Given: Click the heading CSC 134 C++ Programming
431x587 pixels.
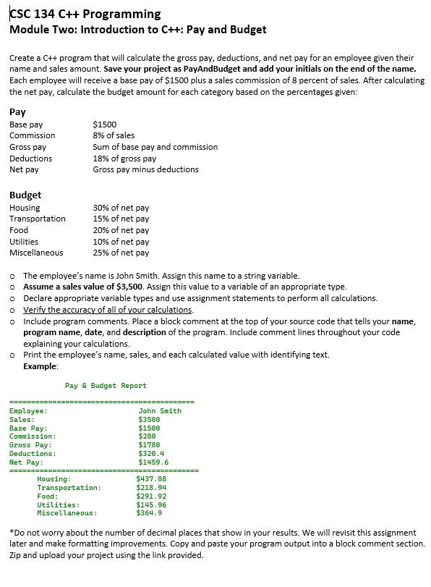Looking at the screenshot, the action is click(x=85, y=14).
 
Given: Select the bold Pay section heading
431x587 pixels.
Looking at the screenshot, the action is click(x=17, y=112).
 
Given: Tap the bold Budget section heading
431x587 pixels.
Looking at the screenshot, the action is click(x=25, y=195).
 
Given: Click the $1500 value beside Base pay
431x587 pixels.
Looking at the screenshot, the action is click(x=105, y=124).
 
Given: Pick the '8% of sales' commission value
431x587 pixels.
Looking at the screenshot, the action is click(x=114, y=135).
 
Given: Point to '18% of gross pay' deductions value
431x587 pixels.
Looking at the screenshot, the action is click(x=124, y=159).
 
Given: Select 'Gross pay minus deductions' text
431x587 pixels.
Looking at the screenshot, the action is click(x=145, y=169).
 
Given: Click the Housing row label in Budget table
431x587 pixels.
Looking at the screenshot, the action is click(x=25, y=208).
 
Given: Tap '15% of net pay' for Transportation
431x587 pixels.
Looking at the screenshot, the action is click(x=121, y=219).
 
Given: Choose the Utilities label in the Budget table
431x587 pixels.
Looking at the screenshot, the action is click(x=24, y=242).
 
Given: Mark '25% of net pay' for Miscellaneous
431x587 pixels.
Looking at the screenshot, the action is click(x=121, y=253).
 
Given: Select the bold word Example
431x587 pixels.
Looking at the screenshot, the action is click(x=40, y=366).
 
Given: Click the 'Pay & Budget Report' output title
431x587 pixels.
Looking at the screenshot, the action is click(x=106, y=386).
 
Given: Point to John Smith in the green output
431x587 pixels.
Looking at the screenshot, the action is click(x=160, y=411).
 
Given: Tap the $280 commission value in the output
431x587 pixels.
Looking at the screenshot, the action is click(x=147, y=436).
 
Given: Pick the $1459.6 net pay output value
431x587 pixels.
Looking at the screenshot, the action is click(x=153, y=462).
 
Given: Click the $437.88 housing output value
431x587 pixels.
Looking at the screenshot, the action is click(x=151, y=479).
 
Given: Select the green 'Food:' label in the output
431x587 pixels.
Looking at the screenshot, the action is click(x=48, y=496).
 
